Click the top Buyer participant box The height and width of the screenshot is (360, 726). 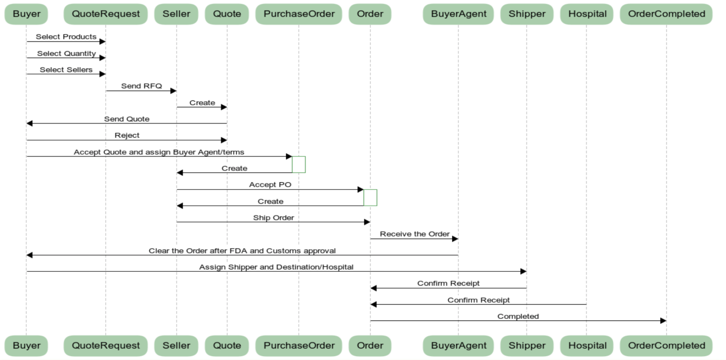[26, 14]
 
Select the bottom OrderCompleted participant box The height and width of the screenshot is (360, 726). [666, 346]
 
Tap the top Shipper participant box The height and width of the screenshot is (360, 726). [527, 14]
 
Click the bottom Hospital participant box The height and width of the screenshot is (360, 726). [587, 346]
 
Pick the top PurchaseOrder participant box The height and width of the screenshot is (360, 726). [299, 14]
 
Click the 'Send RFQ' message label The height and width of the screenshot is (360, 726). [141, 86]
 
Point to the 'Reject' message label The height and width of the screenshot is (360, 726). [127, 135]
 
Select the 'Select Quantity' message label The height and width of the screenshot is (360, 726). [66, 54]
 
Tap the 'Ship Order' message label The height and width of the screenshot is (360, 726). [273, 218]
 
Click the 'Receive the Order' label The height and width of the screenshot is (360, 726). [414, 234]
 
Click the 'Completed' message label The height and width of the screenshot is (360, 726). [518, 316]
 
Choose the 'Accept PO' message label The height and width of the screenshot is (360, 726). [270, 185]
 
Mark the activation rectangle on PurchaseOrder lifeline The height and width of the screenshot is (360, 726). [299, 165]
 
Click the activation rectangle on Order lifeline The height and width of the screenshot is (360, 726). [370, 198]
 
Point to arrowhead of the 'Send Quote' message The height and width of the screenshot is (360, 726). [29, 123]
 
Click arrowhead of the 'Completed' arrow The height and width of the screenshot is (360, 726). [663, 321]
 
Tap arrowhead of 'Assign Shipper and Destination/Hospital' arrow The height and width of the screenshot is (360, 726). [523, 271]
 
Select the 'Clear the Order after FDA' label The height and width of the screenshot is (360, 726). [242, 251]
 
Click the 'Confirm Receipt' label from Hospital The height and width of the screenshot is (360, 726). [478, 300]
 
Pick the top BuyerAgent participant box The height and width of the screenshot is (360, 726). [458, 14]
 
